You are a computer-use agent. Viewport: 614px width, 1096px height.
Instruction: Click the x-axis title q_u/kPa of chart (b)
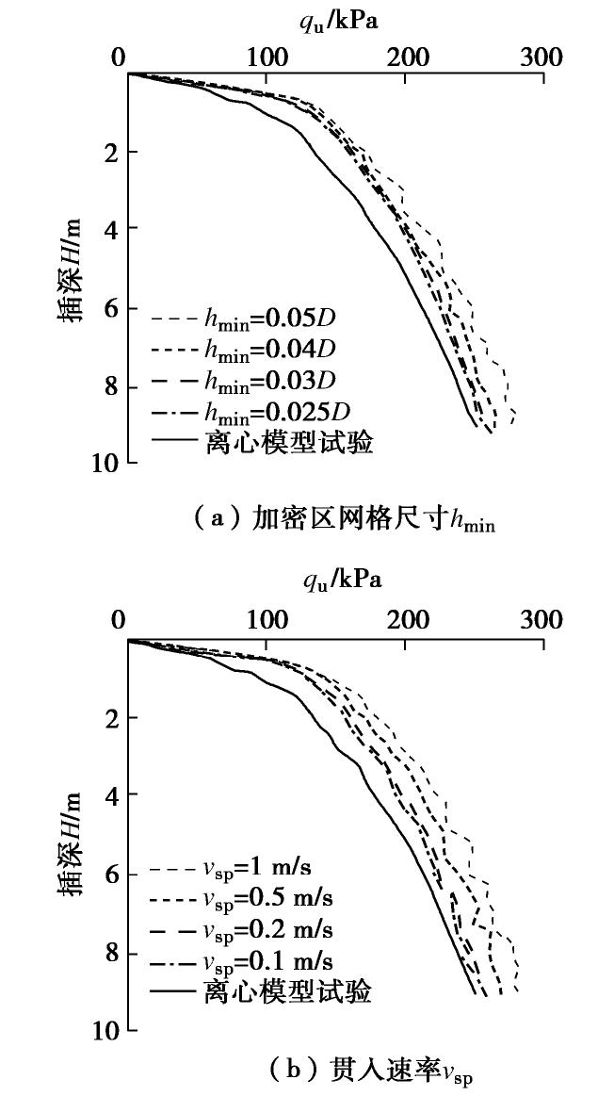coord(340,579)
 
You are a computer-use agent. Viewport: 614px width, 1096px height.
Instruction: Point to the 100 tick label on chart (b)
coord(267,620)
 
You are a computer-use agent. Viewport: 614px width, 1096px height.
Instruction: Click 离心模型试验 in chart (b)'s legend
coord(288,991)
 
